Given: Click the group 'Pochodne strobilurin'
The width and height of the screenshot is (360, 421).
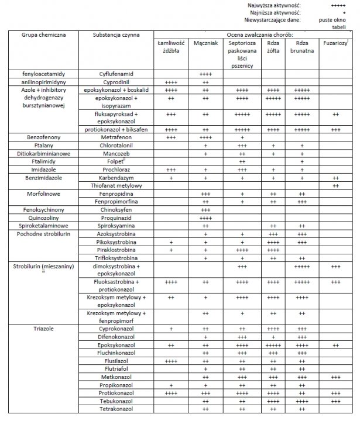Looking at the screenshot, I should pyautogui.click(x=43, y=233).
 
